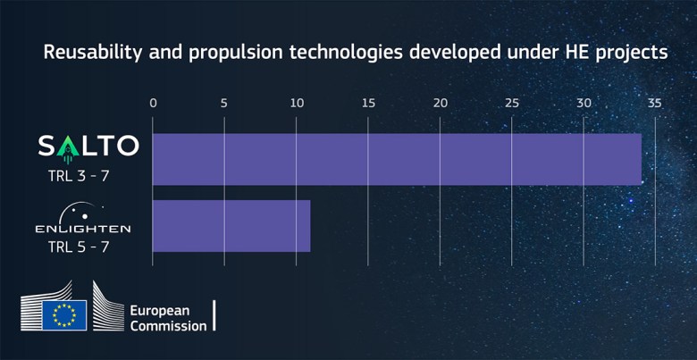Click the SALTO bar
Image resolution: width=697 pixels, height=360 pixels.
click(397, 159)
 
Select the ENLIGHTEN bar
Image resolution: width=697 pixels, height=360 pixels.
click(231, 226)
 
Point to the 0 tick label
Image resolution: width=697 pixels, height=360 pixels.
click(153, 103)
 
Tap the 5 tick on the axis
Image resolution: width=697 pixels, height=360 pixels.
click(224, 103)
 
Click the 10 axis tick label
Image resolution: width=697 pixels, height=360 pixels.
click(296, 103)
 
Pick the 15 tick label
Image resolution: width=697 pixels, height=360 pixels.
click(368, 103)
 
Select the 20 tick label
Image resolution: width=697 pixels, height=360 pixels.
click(440, 103)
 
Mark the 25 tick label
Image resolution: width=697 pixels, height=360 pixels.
click(511, 103)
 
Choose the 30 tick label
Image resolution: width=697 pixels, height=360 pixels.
click(584, 103)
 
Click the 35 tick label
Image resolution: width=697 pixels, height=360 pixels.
click(655, 103)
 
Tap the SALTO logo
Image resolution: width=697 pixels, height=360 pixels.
click(87, 145)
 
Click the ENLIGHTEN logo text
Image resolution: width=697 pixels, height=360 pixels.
click(82, 229)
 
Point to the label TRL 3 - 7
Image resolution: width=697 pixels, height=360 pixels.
click(79, 175)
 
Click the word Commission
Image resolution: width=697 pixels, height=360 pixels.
click(168, 326)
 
